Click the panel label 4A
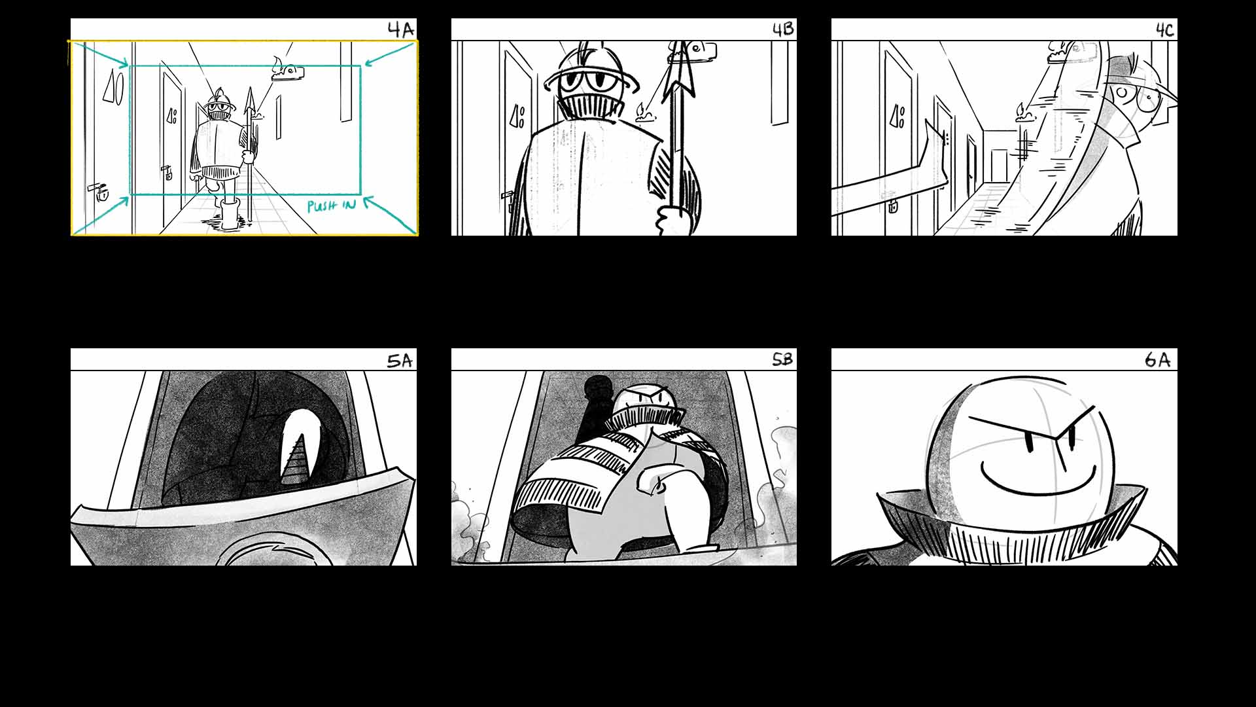pos(401,30)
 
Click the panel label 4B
pos(783,29)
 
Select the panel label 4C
pos(1164,30)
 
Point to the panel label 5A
pos(400,361)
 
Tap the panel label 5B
pos(782,359)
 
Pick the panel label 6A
pos(1157,359)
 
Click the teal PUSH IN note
pos(332,206)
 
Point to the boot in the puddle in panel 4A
pos(229,214)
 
